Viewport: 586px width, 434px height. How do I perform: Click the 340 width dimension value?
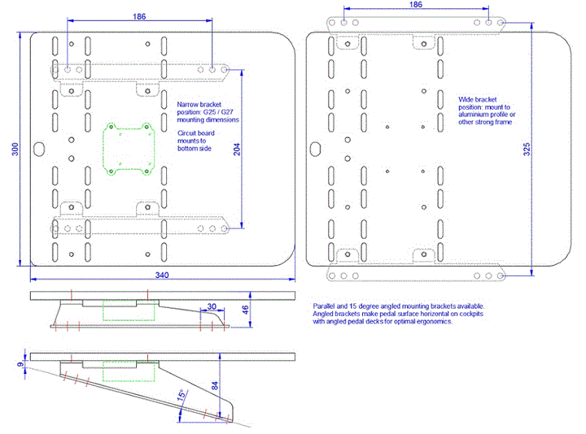pos(162,275)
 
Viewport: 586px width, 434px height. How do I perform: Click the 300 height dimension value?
pos(15,149)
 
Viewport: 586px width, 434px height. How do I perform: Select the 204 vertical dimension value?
pos(237,149)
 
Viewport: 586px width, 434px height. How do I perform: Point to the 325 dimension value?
pos(527,149)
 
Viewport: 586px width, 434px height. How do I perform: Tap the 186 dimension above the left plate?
pos(139,16)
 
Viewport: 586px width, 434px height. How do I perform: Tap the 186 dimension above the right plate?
pos(416,5)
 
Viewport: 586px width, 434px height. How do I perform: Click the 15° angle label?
pos(181,395)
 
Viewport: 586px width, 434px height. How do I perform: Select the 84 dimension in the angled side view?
pos(215,385)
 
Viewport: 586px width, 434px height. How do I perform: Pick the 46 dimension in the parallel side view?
pos(245,310)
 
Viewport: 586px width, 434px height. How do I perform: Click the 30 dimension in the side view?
pos(212,306)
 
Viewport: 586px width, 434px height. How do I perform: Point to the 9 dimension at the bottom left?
pos(20,364)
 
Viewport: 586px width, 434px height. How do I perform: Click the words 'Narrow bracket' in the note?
pos(199,105)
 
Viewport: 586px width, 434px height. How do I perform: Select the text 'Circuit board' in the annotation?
pos(196,133)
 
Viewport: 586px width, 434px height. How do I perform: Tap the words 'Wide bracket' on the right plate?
pos(477,100)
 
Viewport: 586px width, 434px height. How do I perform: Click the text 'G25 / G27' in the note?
pos(218,112)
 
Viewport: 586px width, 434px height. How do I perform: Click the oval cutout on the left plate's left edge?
pos(39,149)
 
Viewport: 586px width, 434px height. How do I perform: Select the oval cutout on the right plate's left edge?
pos(315,149)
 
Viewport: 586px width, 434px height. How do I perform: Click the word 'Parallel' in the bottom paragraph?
pos(324,306)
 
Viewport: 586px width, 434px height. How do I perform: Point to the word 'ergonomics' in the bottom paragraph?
pos(433,321)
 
